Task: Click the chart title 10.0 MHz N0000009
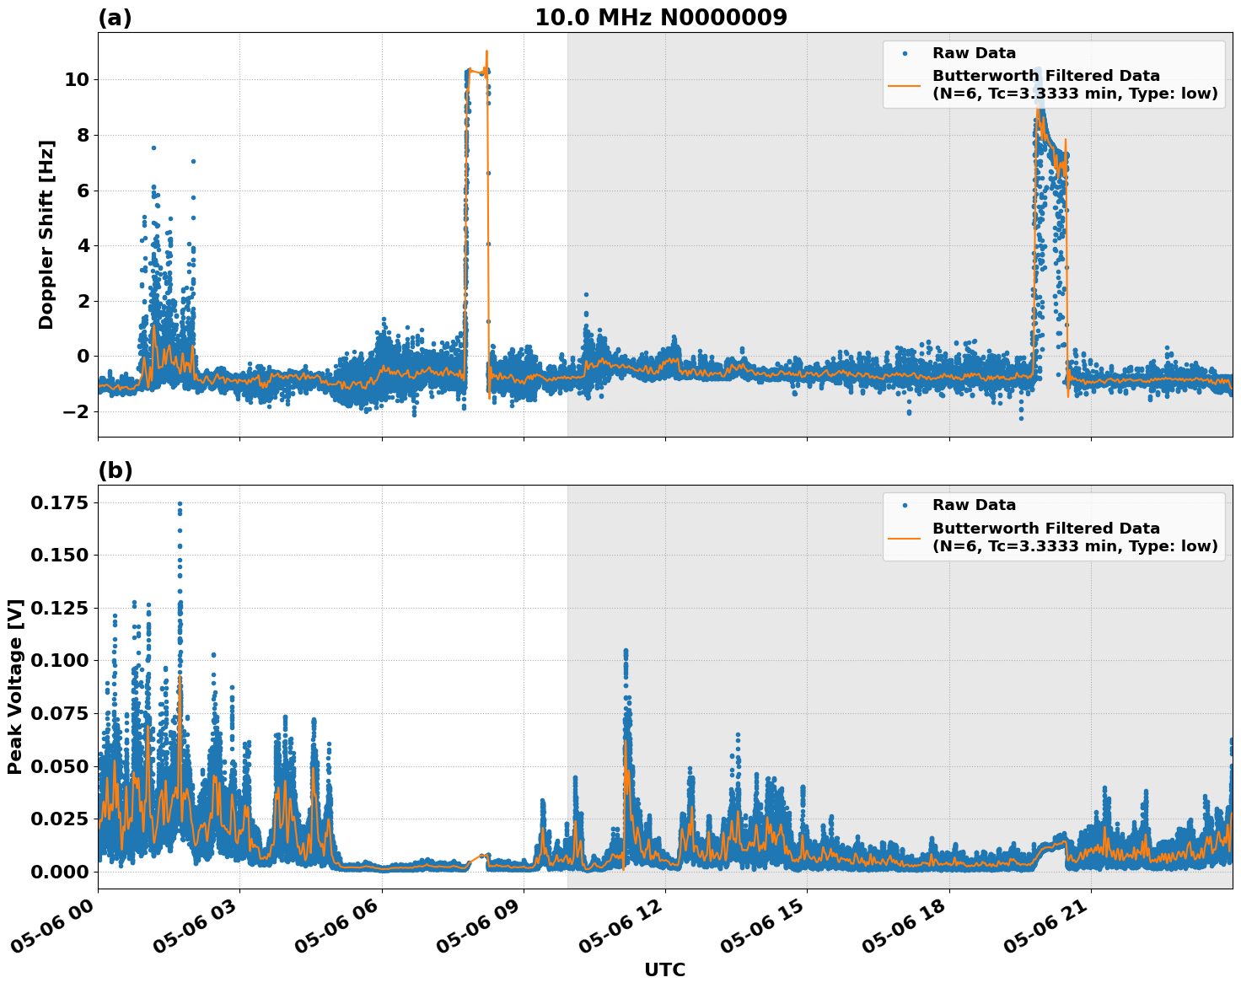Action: (660, 18)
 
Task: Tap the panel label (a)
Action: (115, 18)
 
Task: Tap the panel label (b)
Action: (115, 470)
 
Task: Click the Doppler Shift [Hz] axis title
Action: (46, 234)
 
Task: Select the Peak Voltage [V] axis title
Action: (15, 686)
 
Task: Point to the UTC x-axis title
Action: (664, 969)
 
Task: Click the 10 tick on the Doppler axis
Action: (77, 80)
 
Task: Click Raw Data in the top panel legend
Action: (974, 53)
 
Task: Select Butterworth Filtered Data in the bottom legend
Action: (1045, 529)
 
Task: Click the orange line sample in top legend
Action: (905, 84)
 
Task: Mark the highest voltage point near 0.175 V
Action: (180, 504)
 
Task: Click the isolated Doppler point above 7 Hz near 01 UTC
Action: (153, 148)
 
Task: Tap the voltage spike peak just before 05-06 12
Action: (625, 651)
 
